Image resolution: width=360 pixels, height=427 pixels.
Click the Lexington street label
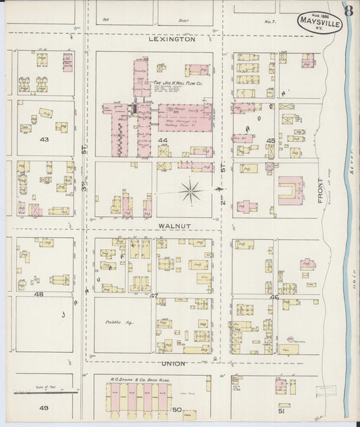tap(172, 40)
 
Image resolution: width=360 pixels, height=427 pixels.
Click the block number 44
tap(162, 141)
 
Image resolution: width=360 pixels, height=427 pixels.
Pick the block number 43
tap(45, 140)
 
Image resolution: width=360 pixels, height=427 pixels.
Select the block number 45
tap(270, 141)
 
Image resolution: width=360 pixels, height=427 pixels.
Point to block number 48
tap(38, 295)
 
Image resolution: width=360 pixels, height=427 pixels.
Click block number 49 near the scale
tap(44, 408)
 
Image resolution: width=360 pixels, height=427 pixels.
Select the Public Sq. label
tap(120, 323)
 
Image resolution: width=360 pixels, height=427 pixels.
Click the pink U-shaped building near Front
tap(290, 191)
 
